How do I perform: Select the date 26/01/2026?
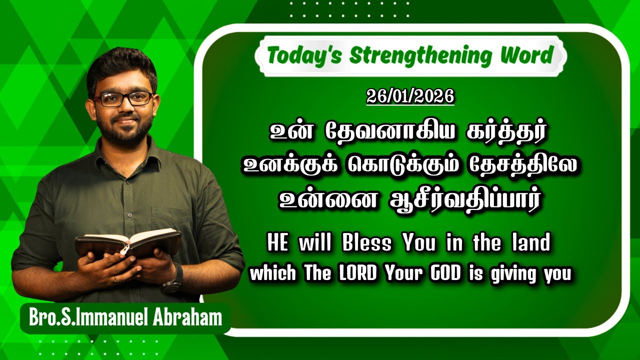tap(410, 96)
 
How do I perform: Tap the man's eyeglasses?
tap(124, 98)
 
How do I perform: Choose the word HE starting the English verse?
tap(278, 244)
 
